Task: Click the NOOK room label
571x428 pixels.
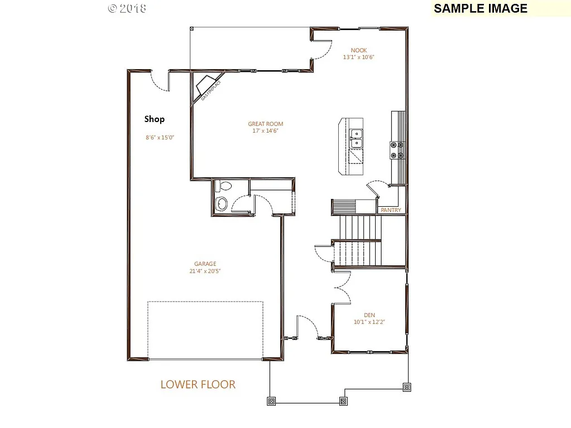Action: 359,50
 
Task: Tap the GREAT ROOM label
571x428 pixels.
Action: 266,124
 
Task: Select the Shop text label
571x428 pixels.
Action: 155,119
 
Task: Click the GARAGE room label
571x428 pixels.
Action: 205,264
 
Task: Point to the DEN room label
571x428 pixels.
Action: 369,314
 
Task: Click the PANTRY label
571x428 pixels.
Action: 390,210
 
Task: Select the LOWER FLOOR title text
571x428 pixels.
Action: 198,385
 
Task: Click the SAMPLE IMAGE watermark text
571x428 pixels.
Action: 480,8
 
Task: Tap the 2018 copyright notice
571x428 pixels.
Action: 127,8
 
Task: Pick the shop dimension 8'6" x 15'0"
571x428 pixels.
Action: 159,137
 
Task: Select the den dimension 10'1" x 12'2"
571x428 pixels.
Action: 370,322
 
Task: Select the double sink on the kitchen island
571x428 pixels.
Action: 356,139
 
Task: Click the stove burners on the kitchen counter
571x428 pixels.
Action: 397,149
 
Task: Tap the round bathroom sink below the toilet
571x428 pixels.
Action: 222,204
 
